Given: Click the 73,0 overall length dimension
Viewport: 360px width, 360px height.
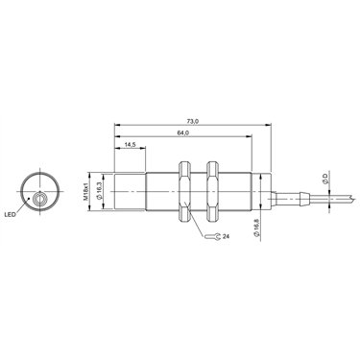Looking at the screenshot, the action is click(193, 121).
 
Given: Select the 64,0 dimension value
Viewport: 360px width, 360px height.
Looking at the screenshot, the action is click(183, 133).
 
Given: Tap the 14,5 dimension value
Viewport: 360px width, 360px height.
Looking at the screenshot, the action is click(131, 145).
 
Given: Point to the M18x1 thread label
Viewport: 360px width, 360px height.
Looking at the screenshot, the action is click(85, 192).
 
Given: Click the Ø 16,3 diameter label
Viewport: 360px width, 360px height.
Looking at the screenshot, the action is click(99, 191).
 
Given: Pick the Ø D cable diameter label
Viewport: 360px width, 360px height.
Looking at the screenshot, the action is click(324, 178).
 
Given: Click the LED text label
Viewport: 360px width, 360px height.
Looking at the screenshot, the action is click(10, 215).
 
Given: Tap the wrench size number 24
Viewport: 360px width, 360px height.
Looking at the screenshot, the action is click(226, 236).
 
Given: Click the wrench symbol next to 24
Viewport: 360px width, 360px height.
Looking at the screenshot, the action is click(213, 237).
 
